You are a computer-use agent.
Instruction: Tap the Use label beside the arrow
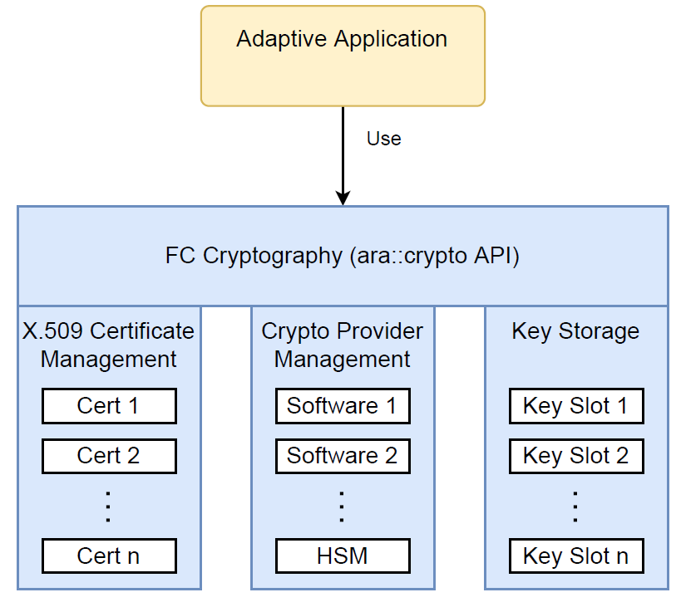(x=383, y=139)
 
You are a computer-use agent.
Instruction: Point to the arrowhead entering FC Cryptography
(x=342, y=198)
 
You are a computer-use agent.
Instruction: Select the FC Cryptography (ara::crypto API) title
(x=342, y=256)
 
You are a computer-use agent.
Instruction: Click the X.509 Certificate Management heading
(x=108, y=345)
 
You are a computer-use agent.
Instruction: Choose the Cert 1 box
(x=108, y=406)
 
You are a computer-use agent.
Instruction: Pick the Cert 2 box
(x=108, y=456)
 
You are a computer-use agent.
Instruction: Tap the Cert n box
(x=108, y=556)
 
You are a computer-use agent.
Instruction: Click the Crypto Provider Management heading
(x=342, y=345)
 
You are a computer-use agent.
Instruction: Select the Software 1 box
(x=342, y=406)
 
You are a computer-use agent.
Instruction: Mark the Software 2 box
(x=342, y=456)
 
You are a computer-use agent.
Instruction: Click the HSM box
(x=342, y=556)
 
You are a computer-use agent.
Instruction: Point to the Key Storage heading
(x=575, y=330)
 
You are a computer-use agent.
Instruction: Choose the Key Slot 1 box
(x=575, y=406)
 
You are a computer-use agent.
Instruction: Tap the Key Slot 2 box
(x=575, y=456)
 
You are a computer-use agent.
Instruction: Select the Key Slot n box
(x=575, y=556)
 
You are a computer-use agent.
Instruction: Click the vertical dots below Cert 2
(x=108, y=506)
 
